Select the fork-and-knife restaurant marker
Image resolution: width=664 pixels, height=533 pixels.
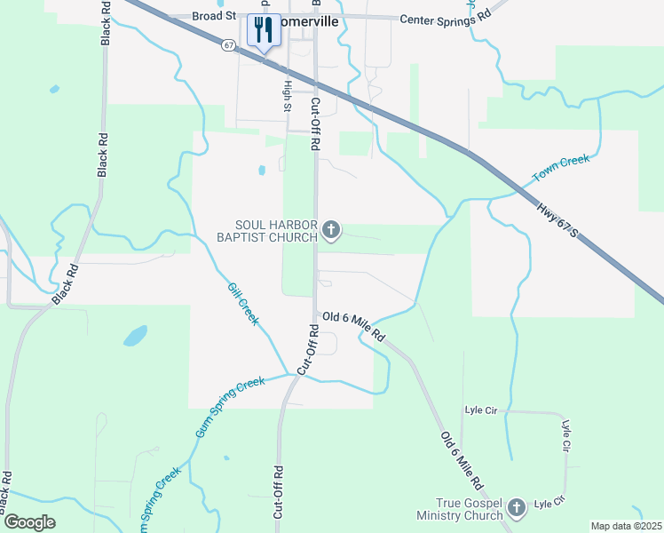click(x=262, y=31)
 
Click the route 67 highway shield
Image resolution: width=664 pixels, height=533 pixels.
click(x=229, y=44)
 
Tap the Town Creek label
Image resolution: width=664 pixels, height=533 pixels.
click(x=560, y=169)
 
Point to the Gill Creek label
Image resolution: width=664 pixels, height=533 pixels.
click(x=242, y=303)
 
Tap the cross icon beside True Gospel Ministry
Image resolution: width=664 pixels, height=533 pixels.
click(x=517, y=509)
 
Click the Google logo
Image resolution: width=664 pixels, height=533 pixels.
click(x=30, y=522)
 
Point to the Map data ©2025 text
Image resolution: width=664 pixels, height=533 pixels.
click(x=626, y=526)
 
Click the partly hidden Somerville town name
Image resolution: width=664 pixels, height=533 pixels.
click(x=312, y=22)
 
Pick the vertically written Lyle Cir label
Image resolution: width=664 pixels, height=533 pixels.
click(x=565, y=440)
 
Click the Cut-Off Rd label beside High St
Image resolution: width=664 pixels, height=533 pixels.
click(x=314, y=123)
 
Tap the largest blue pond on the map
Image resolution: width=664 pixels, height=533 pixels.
click(x=135, y=336)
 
